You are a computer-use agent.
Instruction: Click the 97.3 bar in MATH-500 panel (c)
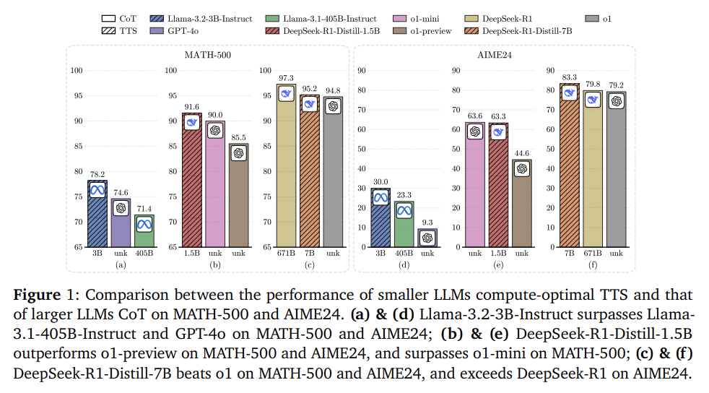[x=286, y=166]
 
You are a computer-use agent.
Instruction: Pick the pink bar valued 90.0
[x=215, y=184]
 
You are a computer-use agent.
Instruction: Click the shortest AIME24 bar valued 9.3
[x=427, y=238]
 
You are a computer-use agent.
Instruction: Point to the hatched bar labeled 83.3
[x=569, y=166]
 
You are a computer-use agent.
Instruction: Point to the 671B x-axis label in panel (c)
[x=286, y=254]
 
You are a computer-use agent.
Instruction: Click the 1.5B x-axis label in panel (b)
[x=191, y=254]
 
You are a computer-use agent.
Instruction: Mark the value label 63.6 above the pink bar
[x=474, y=115]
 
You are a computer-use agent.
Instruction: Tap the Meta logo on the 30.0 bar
[x=380, y=196]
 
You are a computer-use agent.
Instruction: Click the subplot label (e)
[x=497, y=264]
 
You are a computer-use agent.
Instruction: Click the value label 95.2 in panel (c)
[x=310, y=89]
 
